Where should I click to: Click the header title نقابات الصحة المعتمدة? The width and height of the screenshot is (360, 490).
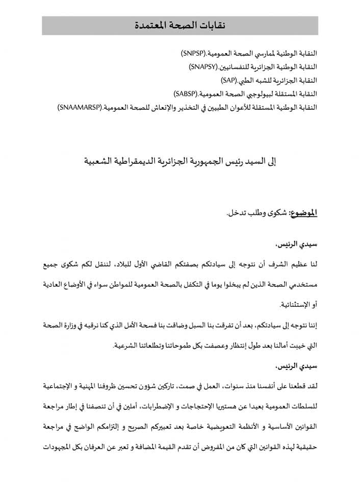(x=179, y=25)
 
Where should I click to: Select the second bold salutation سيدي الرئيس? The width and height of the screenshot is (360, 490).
(x=298, y=365)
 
